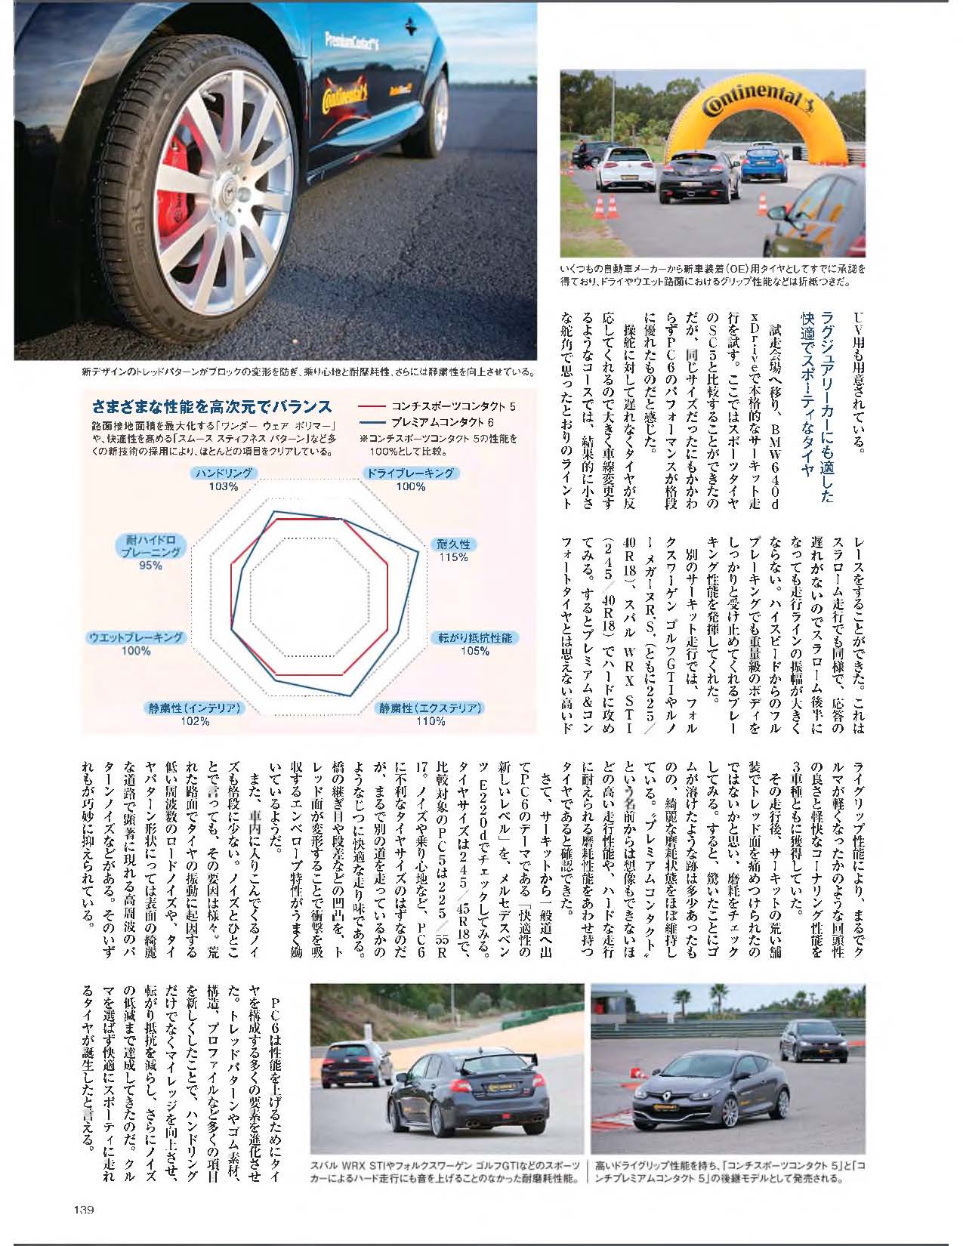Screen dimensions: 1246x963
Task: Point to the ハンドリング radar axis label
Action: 223,473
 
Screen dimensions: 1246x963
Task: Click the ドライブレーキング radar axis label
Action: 410,473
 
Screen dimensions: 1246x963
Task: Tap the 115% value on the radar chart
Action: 453,557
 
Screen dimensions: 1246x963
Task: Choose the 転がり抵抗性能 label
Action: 475,637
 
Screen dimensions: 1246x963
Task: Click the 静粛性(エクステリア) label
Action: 431,708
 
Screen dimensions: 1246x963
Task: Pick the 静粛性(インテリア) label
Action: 195,708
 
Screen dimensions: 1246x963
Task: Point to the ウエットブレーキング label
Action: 136,637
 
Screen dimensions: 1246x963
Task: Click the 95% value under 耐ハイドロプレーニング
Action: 150,565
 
